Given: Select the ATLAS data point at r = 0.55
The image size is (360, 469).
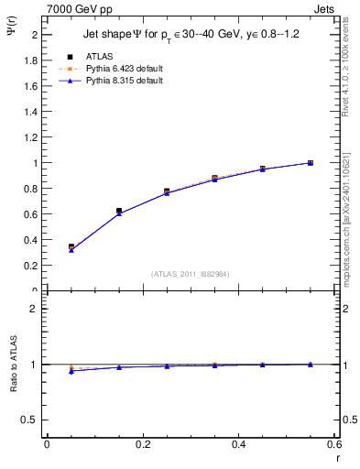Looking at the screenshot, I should point(311,163).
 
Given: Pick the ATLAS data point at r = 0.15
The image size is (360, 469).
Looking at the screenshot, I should point(119,211).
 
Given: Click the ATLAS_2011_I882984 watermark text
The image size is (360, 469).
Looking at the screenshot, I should point(189,275).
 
